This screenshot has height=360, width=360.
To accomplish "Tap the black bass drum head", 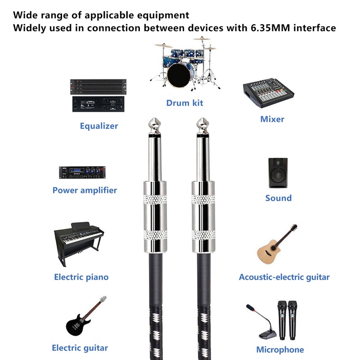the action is point(179,76).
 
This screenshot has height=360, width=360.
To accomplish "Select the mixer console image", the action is point(268,93).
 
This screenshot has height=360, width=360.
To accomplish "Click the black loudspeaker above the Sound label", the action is point(278,173).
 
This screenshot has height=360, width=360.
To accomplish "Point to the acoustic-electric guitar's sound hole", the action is point(273,248).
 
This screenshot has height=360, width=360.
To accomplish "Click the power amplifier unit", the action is point(82,172).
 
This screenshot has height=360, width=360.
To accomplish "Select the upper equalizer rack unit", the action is point(98,87).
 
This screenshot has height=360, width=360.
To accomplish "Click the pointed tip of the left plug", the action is point(154,118).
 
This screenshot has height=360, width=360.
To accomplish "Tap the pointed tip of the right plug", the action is point(203,118).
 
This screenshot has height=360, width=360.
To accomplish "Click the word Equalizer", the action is point(99,126).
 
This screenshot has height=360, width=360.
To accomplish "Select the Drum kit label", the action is point(184,103).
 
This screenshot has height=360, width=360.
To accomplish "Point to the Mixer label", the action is point(272,119).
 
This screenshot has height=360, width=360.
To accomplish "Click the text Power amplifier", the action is point(85,190).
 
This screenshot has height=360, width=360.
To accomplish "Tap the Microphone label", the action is point(280,350).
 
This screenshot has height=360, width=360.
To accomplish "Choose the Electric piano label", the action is point(81,277).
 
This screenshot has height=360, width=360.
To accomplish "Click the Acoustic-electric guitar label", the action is point(284,277).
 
